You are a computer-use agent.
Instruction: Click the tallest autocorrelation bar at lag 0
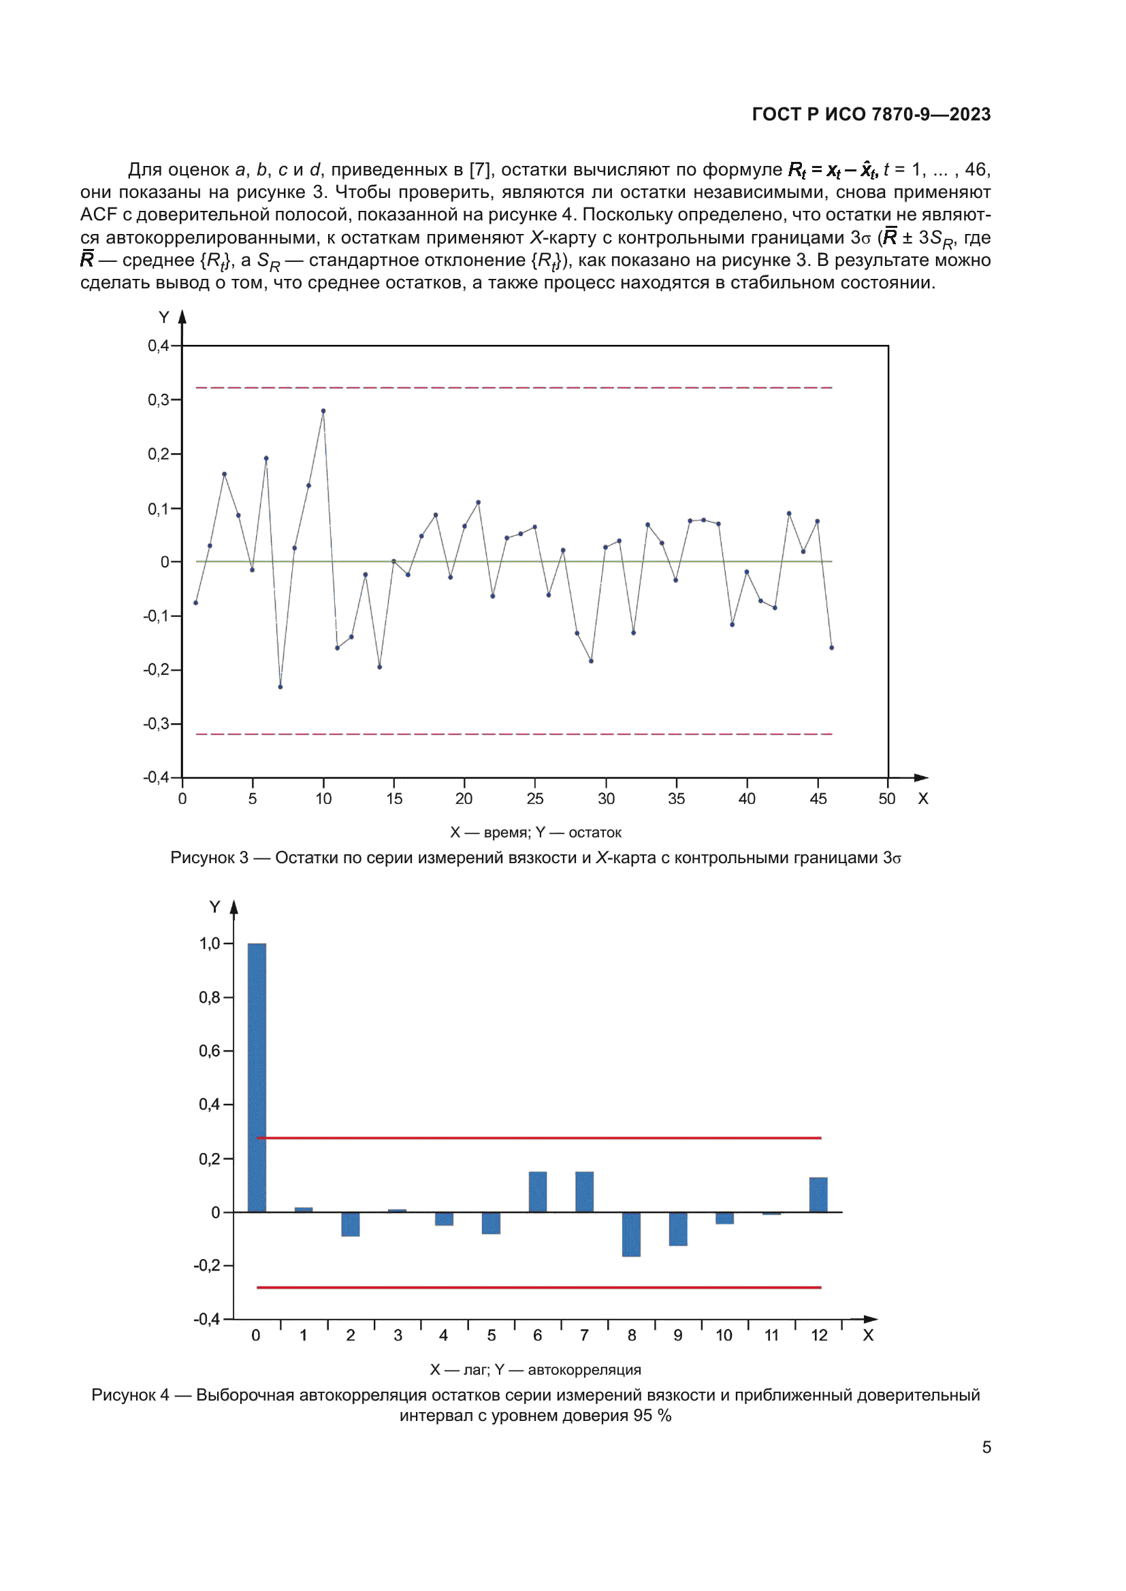pyautogui.click(x=257, y=1077)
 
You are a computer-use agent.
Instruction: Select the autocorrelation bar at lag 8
pyautogui.click(x=631, y=1234)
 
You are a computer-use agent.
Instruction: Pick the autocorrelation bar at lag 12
pyautogui.click(x=818, y=1194)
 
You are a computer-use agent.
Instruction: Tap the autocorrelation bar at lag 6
pyautogui.click(x=537, y=1192)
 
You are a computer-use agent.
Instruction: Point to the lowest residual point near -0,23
pyautogui.click(x=280, y=687)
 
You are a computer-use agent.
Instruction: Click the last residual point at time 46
pyautogui.click(x=831, y=647)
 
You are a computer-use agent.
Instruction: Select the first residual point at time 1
pyautogui.click(x=195, y=603)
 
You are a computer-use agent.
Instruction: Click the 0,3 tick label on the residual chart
pyautogui.click(x=158, y=400)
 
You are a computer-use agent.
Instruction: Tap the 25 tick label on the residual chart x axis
pyautogui.click(x=534, y=799)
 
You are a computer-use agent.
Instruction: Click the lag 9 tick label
pyautogui.click(x=677, y=1335)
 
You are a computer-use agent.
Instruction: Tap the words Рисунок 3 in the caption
pyautogui.click(x=209, y=858)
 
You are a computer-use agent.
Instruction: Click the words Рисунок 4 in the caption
pyautogui.click(x=129, y=1395)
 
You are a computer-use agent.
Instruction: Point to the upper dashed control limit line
pyautogui.click(x=513, y=387)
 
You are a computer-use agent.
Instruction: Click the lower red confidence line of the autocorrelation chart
pyautogui.click(x=538, y=1288)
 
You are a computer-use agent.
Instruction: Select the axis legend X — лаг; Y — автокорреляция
pyautogui.click(x=535, y=1370)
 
